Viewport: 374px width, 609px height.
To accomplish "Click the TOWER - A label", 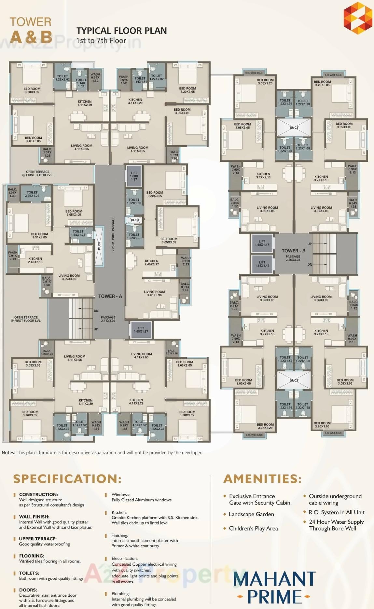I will [110, 296].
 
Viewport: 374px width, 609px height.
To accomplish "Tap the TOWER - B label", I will [293, 251].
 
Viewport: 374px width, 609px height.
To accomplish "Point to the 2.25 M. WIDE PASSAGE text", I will [113, 234].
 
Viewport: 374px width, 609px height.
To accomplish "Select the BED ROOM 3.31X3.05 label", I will [39, 236].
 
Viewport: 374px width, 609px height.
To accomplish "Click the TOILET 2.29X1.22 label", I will [32, 194].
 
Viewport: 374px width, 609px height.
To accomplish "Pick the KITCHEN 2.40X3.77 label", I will [152, 263].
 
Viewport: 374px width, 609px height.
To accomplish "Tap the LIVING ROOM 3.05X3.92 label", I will [69, 277].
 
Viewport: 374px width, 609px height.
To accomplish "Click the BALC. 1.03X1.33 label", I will [12, 193].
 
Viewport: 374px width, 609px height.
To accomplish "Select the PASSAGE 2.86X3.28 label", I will [293, 258].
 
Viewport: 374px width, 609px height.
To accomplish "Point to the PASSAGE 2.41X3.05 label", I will [108, 319].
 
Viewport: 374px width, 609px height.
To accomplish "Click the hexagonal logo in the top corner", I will [358, 18].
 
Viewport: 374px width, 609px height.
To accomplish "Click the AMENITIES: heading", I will [262, 479].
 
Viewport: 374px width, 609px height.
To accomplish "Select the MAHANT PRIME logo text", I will [274, 588].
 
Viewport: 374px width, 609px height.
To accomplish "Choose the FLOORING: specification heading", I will [32, 556].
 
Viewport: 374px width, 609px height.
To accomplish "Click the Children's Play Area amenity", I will [253, 528].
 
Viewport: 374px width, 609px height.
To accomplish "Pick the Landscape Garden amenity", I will [251, 514].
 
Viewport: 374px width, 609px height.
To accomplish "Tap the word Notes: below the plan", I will [8, 452].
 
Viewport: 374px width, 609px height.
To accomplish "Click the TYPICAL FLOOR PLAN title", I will [121, 31].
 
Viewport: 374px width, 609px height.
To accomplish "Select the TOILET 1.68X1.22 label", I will [78, 233].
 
